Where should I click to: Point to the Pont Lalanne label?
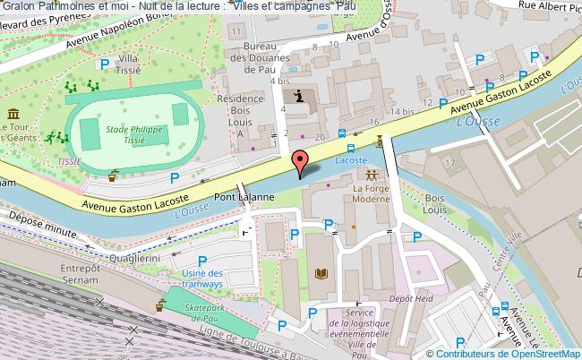[237, 197]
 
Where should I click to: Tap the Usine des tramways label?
[201, 279]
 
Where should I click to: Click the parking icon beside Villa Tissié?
[105, 64]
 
